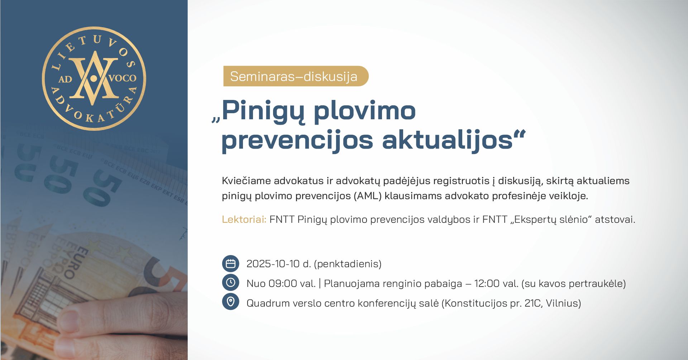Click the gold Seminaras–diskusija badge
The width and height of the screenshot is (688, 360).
[296, 76]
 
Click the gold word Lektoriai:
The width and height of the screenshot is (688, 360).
[244, 219]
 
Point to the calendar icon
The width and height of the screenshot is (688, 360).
[230, 264]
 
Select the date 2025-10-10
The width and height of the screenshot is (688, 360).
[273, 264]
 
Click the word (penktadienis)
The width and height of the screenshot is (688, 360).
[348, 264]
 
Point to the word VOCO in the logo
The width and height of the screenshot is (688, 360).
[123, 78]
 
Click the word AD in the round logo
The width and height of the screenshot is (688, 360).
[65, 79]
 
